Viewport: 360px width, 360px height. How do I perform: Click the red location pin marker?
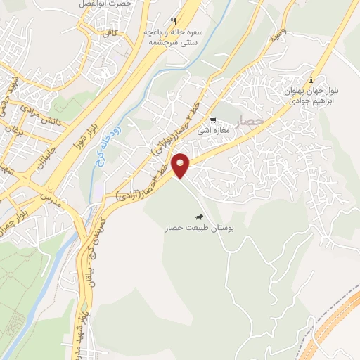coord(182,165)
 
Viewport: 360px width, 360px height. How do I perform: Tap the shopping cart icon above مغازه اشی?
coord(213,120)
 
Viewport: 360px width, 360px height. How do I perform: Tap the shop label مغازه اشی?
coord(213,130)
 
